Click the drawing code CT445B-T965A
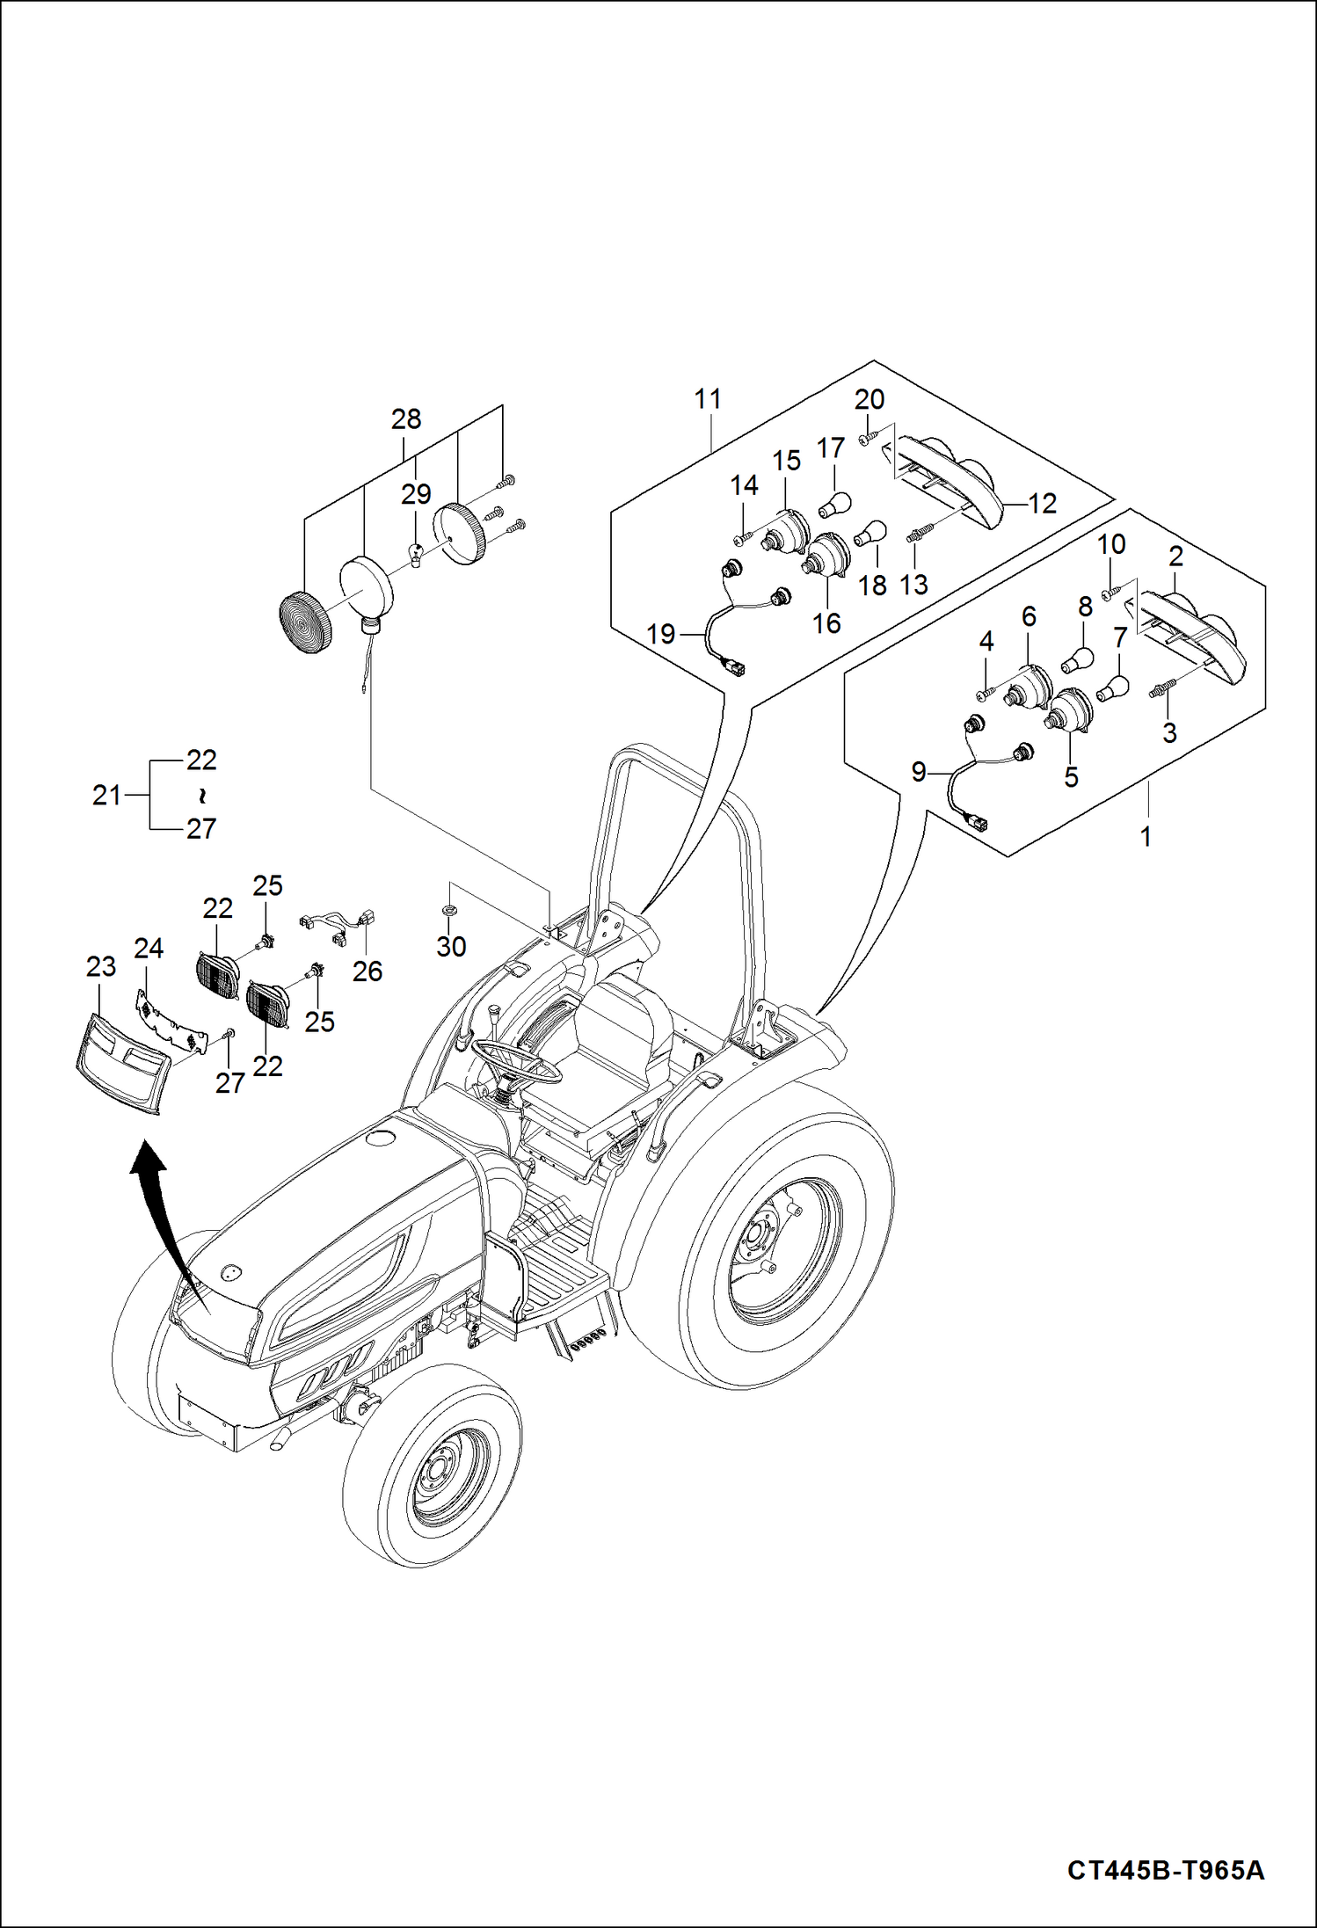(1166, 1870)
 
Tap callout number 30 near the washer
(451, 947)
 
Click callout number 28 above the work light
(406, 419)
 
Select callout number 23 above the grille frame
(101, 967)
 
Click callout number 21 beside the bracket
(106, 796)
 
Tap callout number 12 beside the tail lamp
(1042, 504)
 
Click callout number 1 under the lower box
(1146, 837)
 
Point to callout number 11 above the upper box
(708, 399)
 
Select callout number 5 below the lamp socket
(1071, 777)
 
